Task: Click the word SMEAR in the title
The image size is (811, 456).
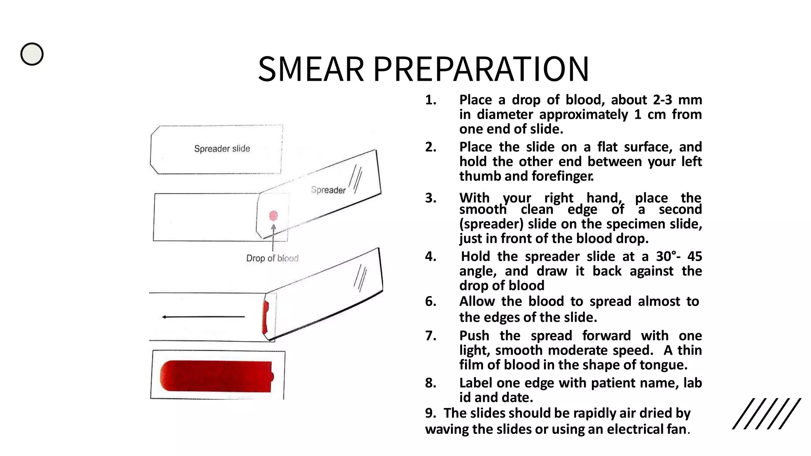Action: pyautogui.click(x=311, y=69)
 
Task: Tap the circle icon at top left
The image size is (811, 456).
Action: pyautogui.click(x=32, y=54)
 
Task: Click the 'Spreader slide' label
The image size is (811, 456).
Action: pyautogui.click(x=222, y=149)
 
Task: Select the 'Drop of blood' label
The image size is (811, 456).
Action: pyautogui.click(x=272, y=258)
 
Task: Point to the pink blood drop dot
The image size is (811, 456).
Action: pyautogui.click(x=273, y=216)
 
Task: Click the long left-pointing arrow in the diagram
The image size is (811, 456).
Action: pyautogui.click(x=204, y=317)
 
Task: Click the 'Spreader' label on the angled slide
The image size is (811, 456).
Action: pyautogui.click(x=328, y=190)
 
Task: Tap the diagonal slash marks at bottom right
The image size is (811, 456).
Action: pyautogui.click(x=766, y=414)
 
